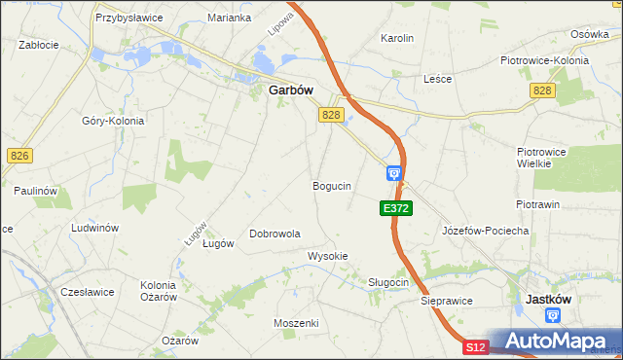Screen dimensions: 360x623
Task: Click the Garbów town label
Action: coord(290,90)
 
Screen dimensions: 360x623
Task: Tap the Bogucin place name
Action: coord(332,185)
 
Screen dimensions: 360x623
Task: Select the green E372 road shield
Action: coord(396,208)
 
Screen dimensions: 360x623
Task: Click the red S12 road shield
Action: coord(474,347)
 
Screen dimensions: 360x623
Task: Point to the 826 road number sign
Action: coord(19,156)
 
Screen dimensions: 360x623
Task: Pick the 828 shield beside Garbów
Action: coord(331,115)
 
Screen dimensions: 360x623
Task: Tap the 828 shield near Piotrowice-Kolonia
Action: coord(543,90)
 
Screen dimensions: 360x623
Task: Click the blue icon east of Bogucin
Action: coord(394,173)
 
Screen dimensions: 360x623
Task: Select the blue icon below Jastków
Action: coord(554,315)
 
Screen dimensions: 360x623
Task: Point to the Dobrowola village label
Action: coord(275,234)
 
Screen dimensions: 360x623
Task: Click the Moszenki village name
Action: coord(296,322)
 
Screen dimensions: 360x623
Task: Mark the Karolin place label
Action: coord(397,39)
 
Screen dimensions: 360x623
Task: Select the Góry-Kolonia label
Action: coord(113,121)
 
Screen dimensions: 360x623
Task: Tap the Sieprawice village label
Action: coord(447,302)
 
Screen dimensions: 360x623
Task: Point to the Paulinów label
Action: coord(31,191)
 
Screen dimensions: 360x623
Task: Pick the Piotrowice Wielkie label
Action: coord(548,158)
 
